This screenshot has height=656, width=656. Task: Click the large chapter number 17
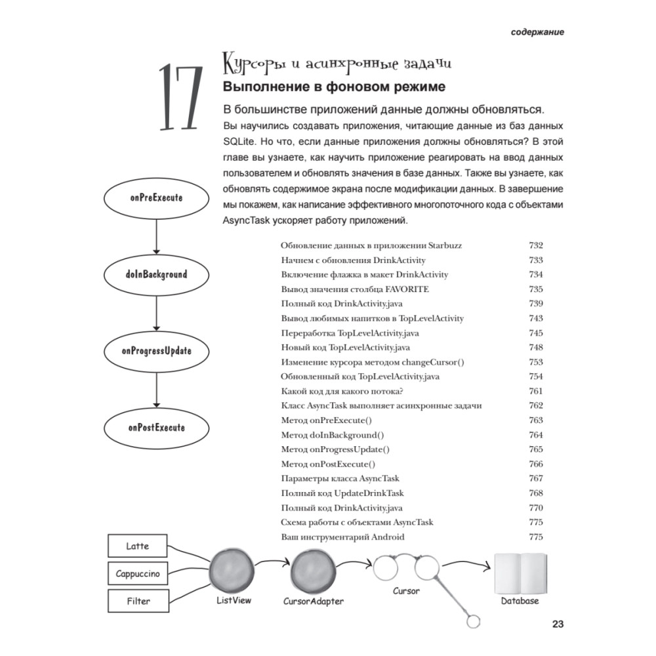point(178,98)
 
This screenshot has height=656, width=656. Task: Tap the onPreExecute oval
point(156,197)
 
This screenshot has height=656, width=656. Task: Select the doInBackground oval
point(156,274)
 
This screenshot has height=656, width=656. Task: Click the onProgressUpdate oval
point(156,351)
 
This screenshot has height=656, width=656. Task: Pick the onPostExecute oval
point(156,428)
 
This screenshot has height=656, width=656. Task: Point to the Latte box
point(138,546)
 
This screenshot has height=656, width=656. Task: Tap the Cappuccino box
point(138,573)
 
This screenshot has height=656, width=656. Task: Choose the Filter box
point(138,600)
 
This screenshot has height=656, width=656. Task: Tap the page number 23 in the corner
point(558,624)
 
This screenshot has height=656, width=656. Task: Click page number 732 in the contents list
point(535,245)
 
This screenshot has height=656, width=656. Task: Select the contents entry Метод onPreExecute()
point(326,420)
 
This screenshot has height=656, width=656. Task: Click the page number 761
point(535,391)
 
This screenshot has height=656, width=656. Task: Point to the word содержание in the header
point(538,31)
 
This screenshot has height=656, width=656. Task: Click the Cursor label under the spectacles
point(406,591)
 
